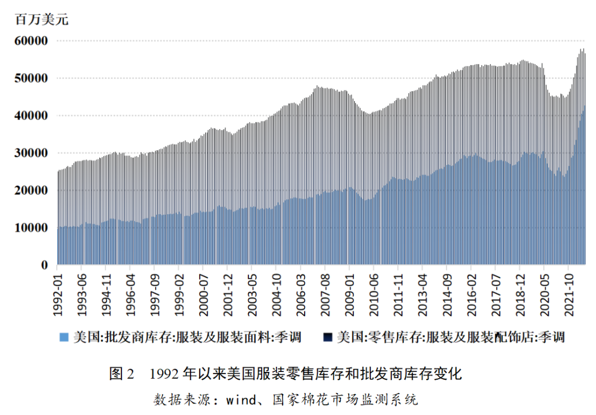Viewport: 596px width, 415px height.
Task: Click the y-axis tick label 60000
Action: [32, 41]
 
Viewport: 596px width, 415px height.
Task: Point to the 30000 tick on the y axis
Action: [32, 153]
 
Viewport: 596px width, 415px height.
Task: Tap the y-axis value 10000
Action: [32, 227]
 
